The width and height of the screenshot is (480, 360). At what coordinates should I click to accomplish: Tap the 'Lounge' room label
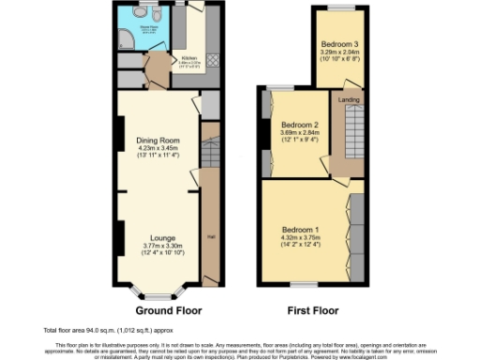point(162,239)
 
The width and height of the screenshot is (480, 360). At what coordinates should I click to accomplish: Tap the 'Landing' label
point(349,99)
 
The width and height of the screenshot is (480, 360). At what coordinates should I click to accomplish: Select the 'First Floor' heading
point(313,310)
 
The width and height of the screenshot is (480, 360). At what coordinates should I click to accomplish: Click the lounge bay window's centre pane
point(161,292)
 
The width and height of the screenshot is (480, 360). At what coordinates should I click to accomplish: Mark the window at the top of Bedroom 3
point(339,8)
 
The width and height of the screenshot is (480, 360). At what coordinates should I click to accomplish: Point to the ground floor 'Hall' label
point(210,236)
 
